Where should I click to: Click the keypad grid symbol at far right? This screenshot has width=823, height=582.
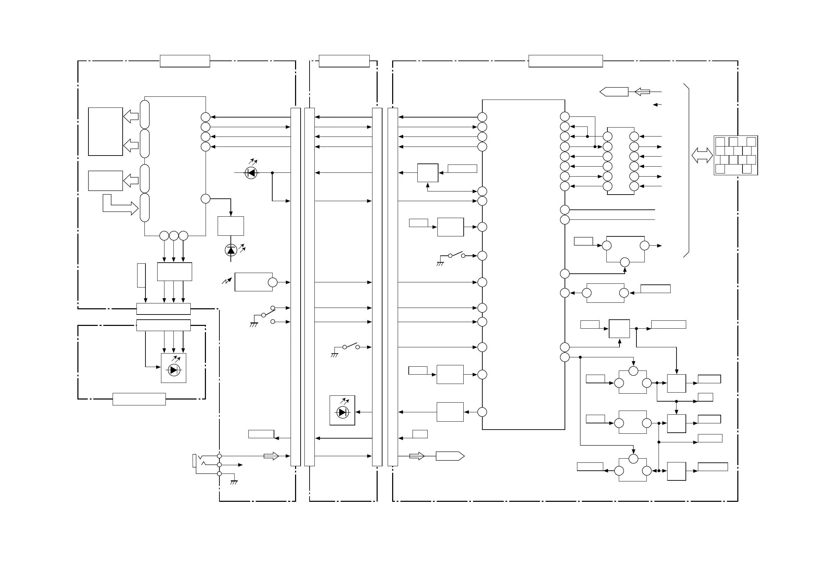tap(736, 155)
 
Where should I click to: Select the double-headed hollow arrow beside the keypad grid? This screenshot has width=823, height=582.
tap(702, 155)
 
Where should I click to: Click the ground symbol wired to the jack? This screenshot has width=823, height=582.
tap(234, 482)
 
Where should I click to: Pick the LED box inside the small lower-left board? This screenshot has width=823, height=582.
tap(173, 368)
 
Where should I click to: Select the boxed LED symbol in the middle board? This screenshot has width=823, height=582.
tap(342, 411)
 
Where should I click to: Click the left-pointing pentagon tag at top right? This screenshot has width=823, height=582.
tap(614, 92)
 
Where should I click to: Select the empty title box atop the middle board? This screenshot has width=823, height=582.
tap(344, 61)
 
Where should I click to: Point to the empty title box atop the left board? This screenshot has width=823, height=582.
tap(185, 61)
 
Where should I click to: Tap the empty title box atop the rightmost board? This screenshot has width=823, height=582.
tap(566, 61)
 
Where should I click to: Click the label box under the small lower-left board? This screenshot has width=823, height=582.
tap(139, 399)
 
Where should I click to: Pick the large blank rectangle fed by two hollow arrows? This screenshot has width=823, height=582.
tap(105, 132)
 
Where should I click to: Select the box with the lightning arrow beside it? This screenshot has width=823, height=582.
tap(253, 282)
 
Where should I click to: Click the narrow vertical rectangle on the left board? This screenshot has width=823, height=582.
tap(141, 275)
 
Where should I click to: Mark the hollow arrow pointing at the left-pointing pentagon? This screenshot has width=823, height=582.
tap(642, 92)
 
